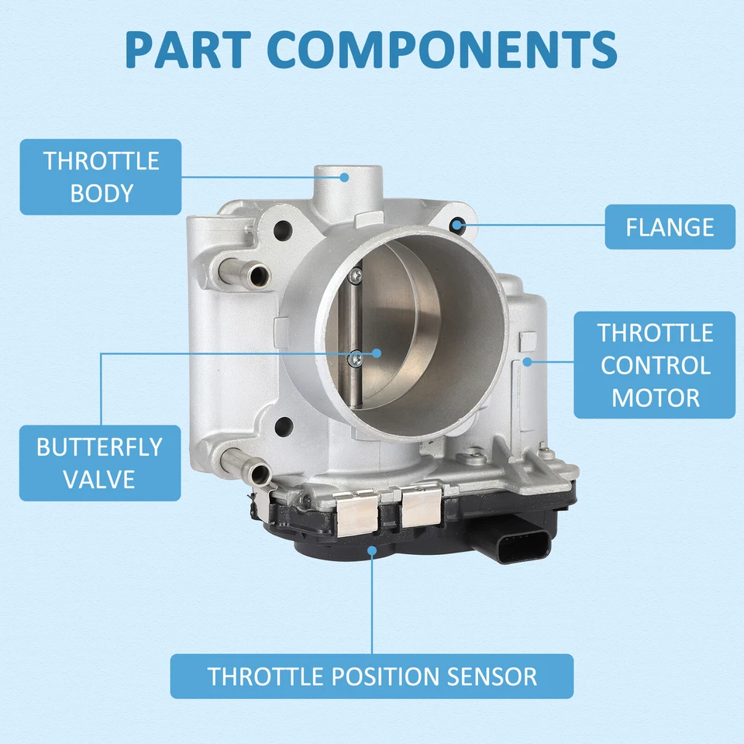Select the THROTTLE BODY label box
[101, 177]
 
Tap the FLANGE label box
[670, 227]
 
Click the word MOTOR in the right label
[655, 398]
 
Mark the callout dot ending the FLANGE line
[459, 226]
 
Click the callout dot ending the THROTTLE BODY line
[345, 177]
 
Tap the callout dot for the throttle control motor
[527, 361]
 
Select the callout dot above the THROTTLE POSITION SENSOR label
[372, 551]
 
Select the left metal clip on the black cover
[357, 515]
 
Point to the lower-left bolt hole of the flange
[284, 425]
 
